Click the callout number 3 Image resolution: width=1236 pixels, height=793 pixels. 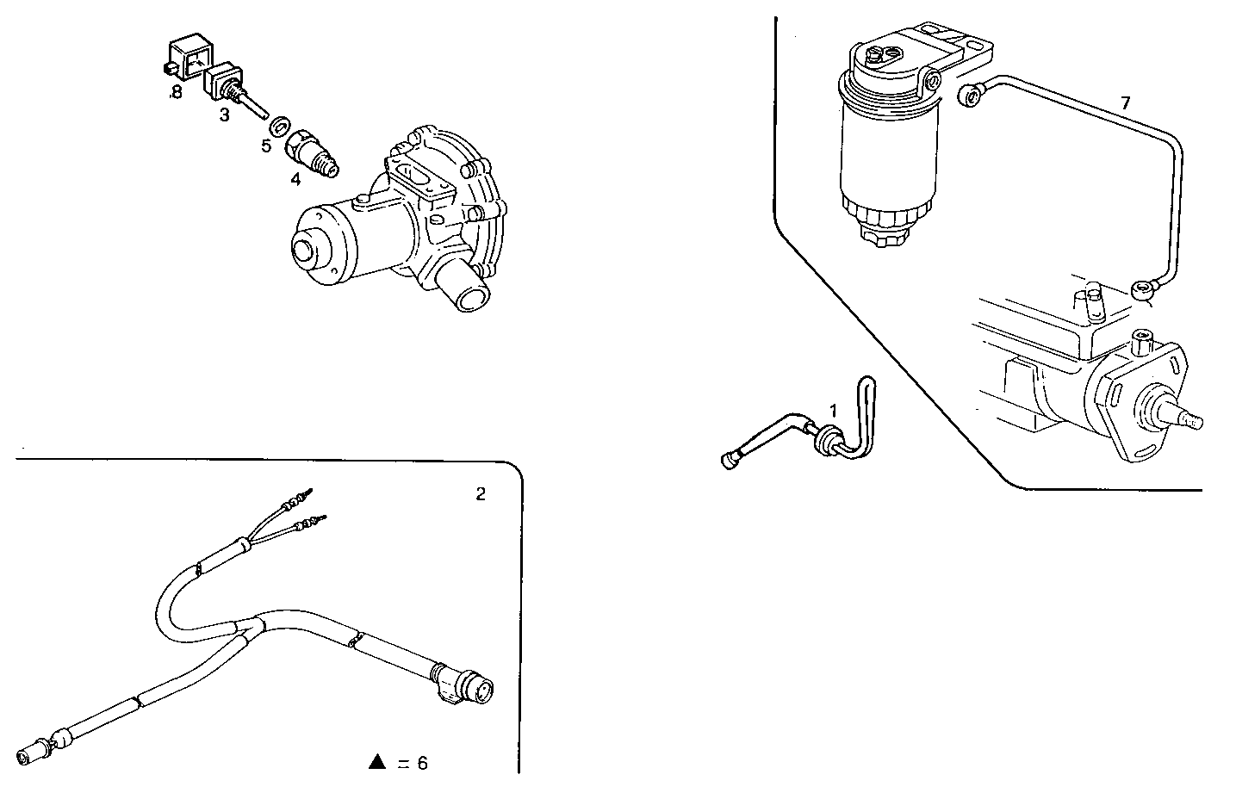pyautogui.click(x=224, y=115)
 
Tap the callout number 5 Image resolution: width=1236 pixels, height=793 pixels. pyautogui.click(x=267, y=146)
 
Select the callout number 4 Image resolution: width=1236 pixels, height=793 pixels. pyautogui.click(x=295, y=179)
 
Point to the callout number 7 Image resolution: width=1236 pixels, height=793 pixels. pyautogui.click(x=1125, y=103)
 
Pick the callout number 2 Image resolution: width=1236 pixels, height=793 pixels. pyautogui.click(x=481, y=494)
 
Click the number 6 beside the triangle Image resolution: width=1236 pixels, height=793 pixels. pyautogui.click(x=422, y=763)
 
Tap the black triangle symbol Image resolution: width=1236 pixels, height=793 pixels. pyautogui.click(x=376, y=761)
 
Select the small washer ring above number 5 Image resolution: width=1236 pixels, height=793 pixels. pyautogui.click(x=279, y=127)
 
